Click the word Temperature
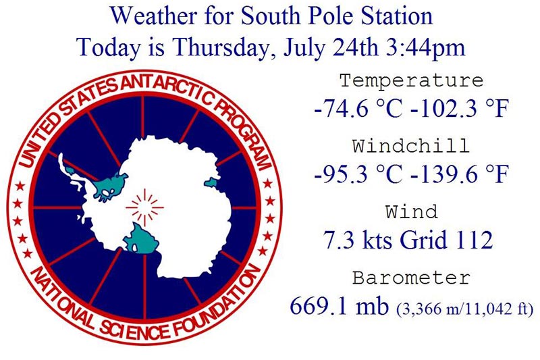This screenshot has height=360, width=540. (412, 80)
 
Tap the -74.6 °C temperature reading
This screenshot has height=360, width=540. (358, 108)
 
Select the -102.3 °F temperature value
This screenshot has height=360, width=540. (460, 108)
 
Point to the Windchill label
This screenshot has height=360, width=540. (411, 146)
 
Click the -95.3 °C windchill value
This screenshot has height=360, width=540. (358, 174)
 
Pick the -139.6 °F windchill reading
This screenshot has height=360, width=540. (460, 174)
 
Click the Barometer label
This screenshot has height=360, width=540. (411, 278)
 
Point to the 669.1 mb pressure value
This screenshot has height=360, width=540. (340, 305)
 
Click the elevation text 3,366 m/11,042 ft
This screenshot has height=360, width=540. (465, 308)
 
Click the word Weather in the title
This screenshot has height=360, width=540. (154, 16)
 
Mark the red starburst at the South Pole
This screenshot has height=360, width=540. (144, 207)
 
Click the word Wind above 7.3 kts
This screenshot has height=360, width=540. (411, 211)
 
